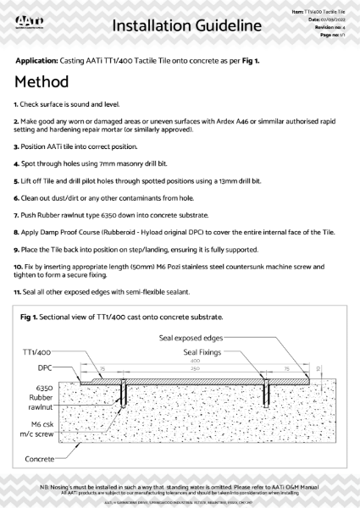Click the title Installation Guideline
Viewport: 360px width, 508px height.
point(186,26)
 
